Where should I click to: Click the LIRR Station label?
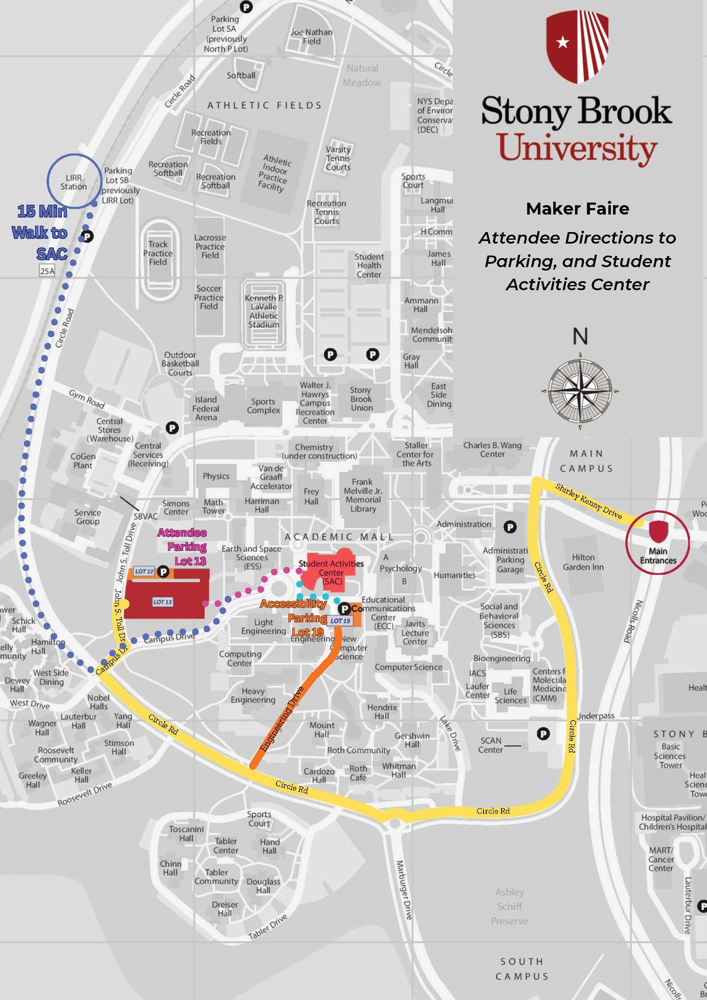73,182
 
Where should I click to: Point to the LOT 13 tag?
162,602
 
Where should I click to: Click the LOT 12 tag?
144,571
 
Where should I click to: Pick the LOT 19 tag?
340,621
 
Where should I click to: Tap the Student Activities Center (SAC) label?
331,572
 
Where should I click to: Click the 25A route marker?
47,271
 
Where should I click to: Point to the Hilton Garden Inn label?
583,562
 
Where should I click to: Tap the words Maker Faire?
577,209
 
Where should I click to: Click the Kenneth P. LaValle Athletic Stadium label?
264,311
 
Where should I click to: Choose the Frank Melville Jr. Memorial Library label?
363,495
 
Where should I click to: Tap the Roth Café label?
358,773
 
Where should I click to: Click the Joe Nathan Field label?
311,37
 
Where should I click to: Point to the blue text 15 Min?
42,212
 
